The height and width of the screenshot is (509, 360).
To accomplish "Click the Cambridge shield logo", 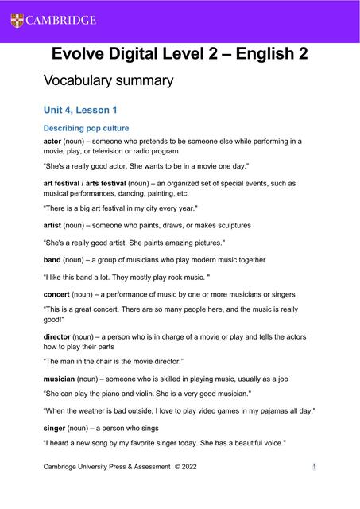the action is coord(17,20).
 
